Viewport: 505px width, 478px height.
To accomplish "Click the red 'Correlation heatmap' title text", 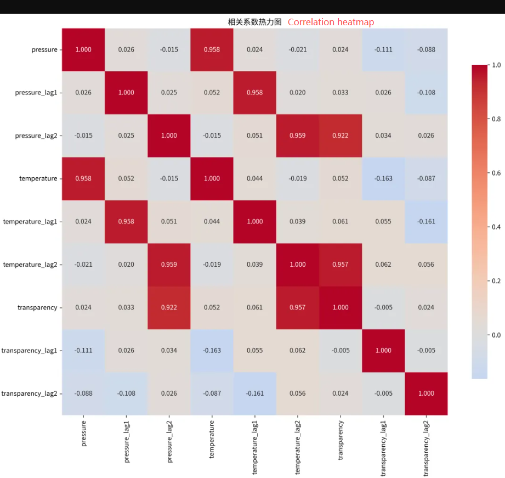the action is [331, 23].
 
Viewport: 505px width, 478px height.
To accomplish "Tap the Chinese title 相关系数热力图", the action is [254, 22].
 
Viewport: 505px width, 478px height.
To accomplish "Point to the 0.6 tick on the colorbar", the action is [496, 173].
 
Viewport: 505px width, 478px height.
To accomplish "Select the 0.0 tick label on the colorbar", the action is [496, 335].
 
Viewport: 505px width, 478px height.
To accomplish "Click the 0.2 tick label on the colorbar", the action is [496, 281].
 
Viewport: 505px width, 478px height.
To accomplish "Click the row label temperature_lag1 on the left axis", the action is [30, 222].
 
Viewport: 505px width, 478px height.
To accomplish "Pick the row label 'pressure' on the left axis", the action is [44, 49].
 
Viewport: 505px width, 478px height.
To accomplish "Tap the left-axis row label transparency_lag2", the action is [29, 393].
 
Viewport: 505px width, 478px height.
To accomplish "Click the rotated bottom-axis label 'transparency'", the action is [341, 440].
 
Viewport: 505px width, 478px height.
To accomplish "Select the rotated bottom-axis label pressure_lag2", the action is [169, 442].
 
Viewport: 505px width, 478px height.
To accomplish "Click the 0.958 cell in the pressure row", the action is [212, 49].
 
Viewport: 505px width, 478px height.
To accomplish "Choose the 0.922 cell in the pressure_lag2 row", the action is [341, 136].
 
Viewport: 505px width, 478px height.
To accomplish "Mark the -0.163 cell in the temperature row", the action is [383, 178].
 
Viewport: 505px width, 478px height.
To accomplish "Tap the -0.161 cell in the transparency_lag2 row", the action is [255, 393].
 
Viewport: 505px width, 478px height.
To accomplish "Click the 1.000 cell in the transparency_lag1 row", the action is [383, 351].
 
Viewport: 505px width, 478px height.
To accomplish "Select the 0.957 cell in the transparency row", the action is [298, 307].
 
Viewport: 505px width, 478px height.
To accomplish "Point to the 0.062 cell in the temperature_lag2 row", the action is [383, 265].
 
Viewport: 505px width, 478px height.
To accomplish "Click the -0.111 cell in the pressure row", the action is [383, 49].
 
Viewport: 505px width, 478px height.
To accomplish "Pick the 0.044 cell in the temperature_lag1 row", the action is [212, 222].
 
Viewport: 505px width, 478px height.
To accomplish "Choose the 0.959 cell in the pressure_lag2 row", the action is [298, 136].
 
